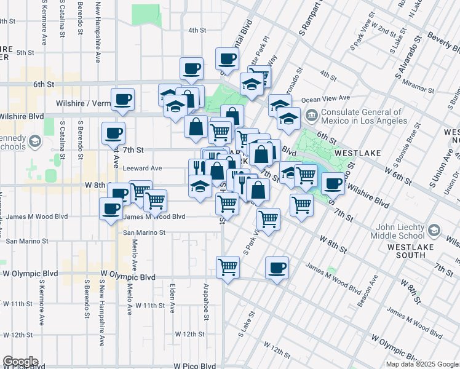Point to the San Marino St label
tap(145, 232)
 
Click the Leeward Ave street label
tap(142, 168)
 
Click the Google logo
tap(20, 362)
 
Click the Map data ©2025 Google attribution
tap(422, 364)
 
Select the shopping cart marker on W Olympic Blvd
tap(228, 268)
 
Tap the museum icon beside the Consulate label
tap(312, 113)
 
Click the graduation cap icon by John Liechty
tap(434, 230)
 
